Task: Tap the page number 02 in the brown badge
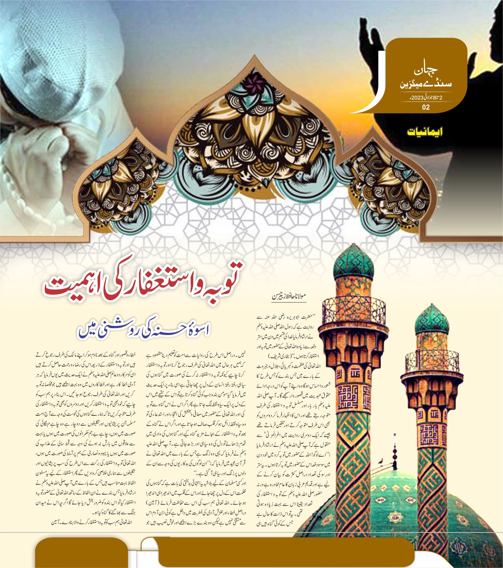426,107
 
